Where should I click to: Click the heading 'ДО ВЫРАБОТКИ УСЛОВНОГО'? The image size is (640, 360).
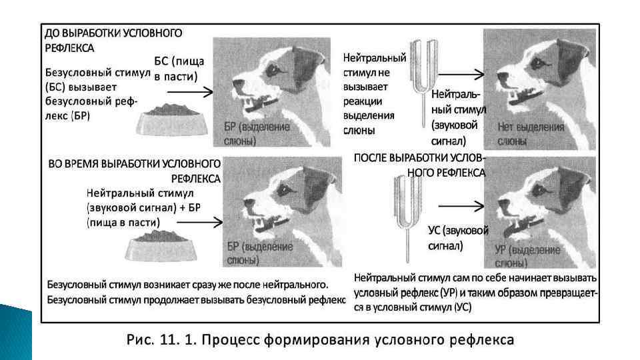pyautogui.click(x=113, y=33)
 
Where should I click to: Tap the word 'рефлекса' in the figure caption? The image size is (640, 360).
pyautogui.click(x=480, y=340)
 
